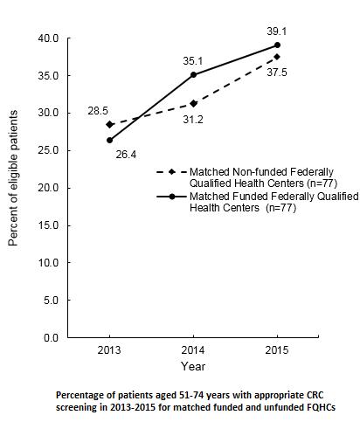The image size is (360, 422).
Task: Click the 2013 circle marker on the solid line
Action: point(109,140)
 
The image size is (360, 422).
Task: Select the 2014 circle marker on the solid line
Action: point(193,74)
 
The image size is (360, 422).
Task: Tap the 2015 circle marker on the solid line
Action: point(277,45)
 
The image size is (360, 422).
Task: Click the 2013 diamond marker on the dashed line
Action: point(109,124)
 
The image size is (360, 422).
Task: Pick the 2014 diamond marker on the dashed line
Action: point(193,104)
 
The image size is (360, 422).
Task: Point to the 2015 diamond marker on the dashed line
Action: point(277,57)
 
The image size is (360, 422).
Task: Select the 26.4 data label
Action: point(128,155)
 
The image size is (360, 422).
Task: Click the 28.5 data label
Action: point(97,111)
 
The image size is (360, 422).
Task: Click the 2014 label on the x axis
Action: point(193,350)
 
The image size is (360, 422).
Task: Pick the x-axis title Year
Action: point(193,366)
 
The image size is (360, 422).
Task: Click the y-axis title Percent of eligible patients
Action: point(13,187)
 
